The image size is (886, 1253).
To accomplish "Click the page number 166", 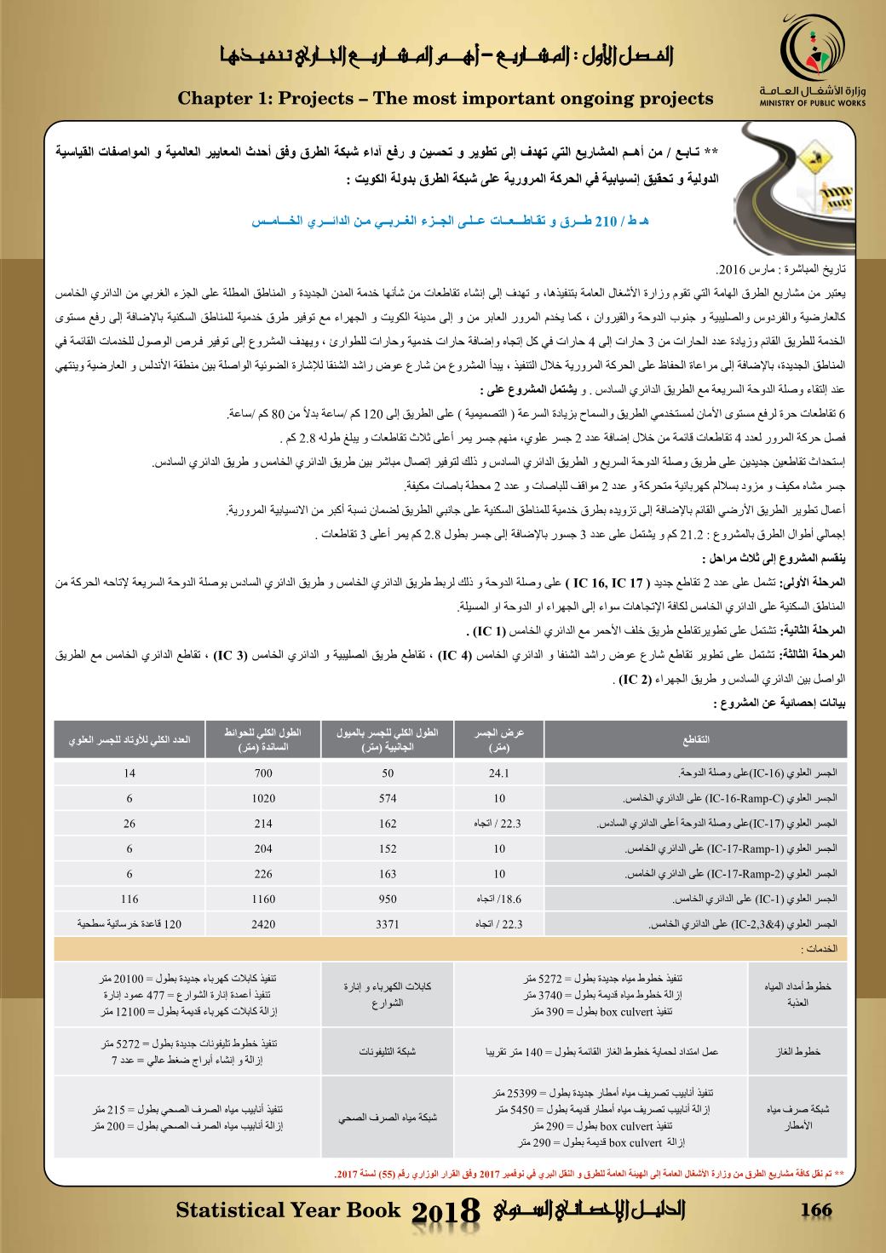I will [x=815, y=1210].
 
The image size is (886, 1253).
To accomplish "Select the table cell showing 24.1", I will [x=499, y=774].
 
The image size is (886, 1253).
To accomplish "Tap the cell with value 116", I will [x=129, y=900].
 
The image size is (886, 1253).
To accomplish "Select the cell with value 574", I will [x=388, y=799].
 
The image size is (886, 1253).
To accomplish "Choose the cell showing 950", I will [x=388, y=900].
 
